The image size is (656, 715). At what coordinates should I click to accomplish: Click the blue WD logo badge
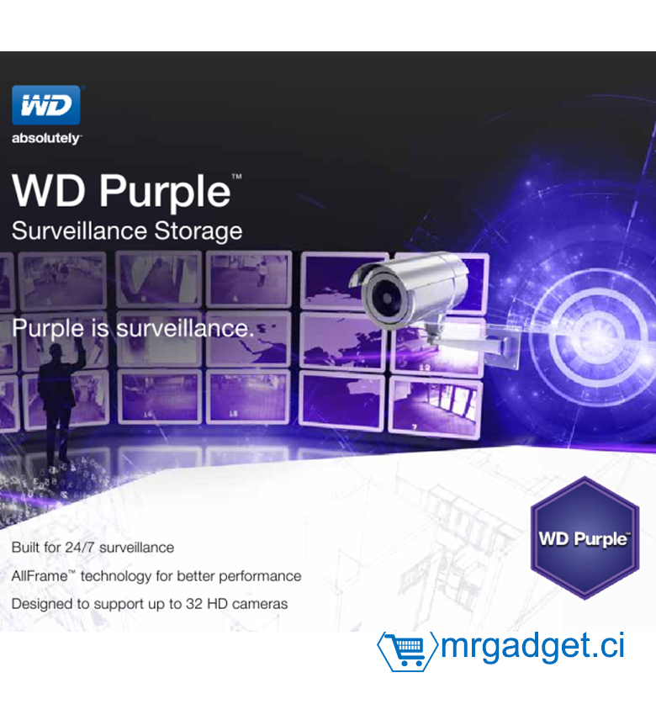[46, 105]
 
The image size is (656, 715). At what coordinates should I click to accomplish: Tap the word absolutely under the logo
[45, 138]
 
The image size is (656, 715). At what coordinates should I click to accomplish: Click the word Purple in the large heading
[165, 193]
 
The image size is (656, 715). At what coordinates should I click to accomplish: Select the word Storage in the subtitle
[198, 231]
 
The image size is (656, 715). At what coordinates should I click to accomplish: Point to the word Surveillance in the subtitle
[79, 230]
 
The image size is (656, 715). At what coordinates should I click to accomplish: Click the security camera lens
[387, 297]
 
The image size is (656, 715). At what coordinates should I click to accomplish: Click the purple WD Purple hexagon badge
[585, 538]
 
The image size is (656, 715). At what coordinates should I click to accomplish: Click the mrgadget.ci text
[532, 646]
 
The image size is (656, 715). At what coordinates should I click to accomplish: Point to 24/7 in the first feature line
[80, 548]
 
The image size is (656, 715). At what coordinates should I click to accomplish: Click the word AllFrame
[40, 576]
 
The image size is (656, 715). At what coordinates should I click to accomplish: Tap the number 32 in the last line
[193, 604]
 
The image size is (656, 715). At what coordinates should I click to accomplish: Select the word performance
[262, 577]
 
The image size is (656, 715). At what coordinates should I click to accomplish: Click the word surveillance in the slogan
[185, 328]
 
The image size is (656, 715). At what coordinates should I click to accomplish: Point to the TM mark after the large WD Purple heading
[236, 177]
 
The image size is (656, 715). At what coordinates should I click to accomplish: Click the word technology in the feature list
[116, 577]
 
